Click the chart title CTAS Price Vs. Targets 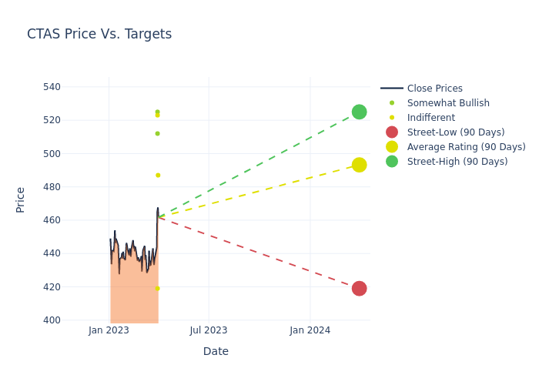click(99, 35)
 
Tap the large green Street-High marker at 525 click(359, 112)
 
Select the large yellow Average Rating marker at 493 click(359, 165)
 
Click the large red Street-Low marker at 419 click(359, 289)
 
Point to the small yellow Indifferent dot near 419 click(157, 289)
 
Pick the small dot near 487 click(158, 175)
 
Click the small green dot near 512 click(157, 133)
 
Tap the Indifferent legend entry click(430, 118)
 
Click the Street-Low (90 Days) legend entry click(456, 132)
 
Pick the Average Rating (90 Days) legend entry click(466, 147)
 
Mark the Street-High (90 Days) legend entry click(457, 162)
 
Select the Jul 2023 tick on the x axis click(209, 330)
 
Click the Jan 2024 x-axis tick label click(310, 330)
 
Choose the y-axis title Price click(21, 199)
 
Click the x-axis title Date click(216, 351)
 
